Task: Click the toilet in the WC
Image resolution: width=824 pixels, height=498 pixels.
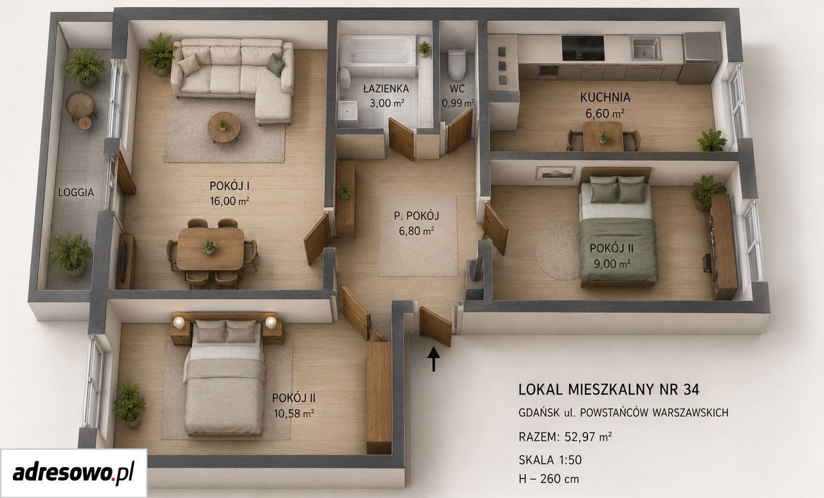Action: [x=456, y=65]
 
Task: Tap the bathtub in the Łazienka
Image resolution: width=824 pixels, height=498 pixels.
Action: [x=377, y=51]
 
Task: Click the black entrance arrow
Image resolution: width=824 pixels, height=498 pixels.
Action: [x=434, y=358]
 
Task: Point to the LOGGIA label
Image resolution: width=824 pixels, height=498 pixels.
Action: [x=76, y=192]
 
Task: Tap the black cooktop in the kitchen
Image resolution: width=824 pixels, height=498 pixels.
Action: [x=583, y=48]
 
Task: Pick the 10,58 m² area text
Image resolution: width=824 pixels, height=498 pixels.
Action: [x=294, y=414]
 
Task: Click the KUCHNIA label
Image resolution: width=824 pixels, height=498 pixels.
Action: [x=605, y=97]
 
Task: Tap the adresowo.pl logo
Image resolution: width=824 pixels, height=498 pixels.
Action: [x=73, y=473]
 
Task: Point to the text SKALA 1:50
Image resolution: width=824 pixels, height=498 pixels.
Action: [x=550, y=460]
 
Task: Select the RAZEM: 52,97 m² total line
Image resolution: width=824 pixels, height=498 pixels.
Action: [x=565, y=437]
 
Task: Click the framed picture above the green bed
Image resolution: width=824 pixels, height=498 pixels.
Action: [x=555, y=173]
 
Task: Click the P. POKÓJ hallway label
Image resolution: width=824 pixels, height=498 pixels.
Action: [x=417, y=216]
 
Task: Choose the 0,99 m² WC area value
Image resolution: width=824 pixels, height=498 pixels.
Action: [x=458, y=104]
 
